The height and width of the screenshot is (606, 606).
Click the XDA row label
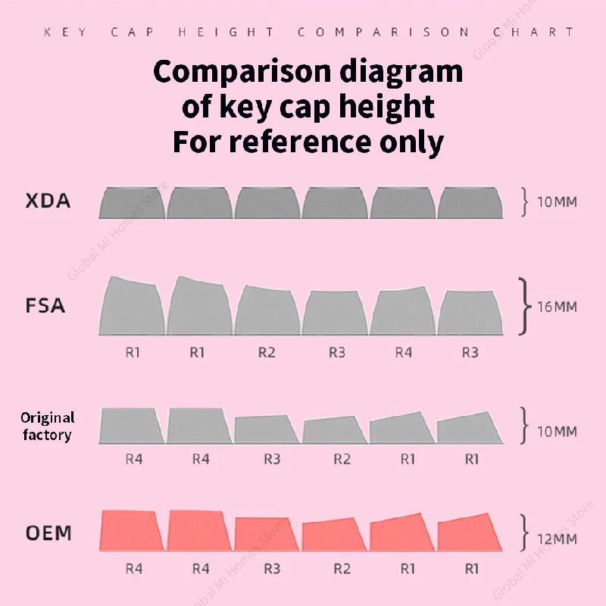tap(48, 202)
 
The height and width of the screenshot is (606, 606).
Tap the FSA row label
tap(45, 307)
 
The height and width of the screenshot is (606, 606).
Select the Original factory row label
tap(47, 426)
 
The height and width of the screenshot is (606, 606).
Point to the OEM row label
tap(48, 533)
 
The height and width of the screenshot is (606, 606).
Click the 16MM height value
tap(556, 307)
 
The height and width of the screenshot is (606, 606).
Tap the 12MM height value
tap(556, 539)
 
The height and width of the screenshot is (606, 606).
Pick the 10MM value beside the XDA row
tap(556, 203)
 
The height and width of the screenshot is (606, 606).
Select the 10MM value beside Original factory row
tap(556, 432)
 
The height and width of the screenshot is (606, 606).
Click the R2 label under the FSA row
tap(267, 352)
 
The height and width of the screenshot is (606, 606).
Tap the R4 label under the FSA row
tap(404, 352)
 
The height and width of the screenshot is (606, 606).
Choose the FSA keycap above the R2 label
tap(267, 311)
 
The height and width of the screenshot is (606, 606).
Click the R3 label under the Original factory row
tap(272, 458)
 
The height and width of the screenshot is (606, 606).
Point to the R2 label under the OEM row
tap(342, 567)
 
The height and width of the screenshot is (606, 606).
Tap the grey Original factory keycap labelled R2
tap(334, 430)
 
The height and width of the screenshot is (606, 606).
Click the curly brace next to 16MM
tap(523, 306)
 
